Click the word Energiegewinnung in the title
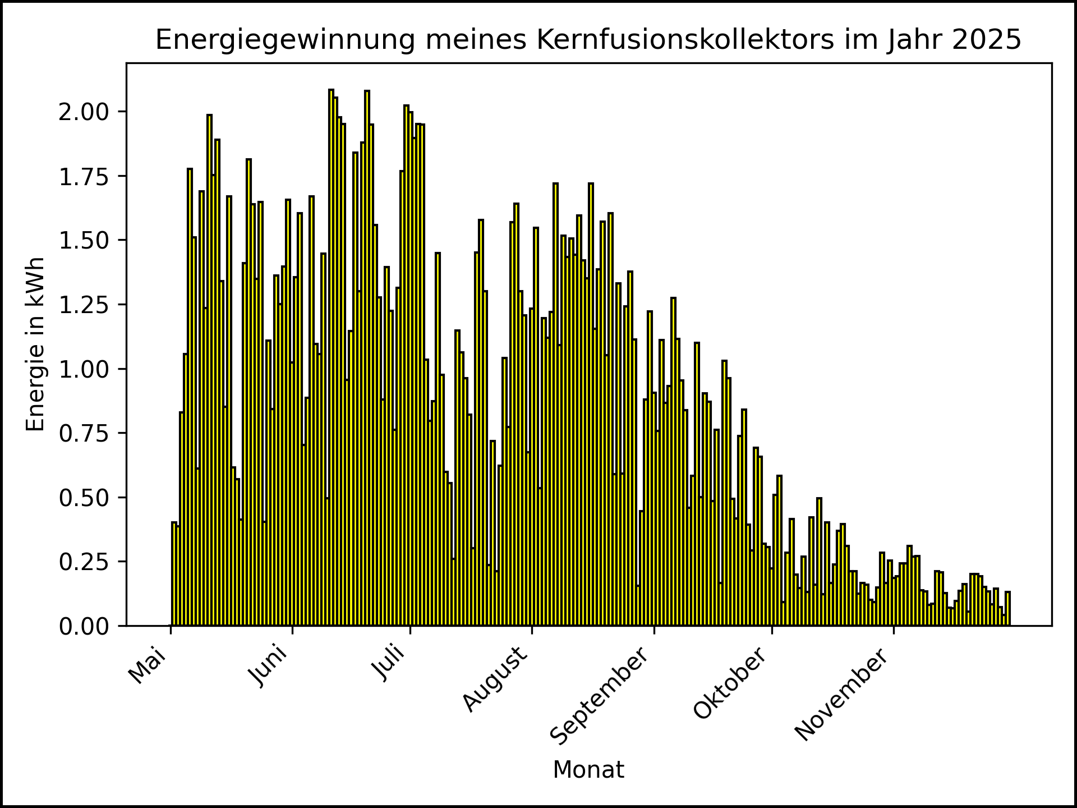coord(285,40)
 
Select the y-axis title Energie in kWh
coord(35,344)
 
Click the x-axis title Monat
coord(588,770)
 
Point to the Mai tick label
coord(148,666)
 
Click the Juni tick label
coord(270,667)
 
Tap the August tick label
coord(495,679)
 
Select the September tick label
coord(600,696)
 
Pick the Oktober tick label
coord(730,683)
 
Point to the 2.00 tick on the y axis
coord(84,112)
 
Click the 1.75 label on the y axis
coord(84,176)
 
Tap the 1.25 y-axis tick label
coord(84,305)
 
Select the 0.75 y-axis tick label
coord(84,433)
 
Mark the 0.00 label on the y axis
coord(84,626)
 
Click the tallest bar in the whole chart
coord(331,359)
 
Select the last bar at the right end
coord(1007,609)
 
